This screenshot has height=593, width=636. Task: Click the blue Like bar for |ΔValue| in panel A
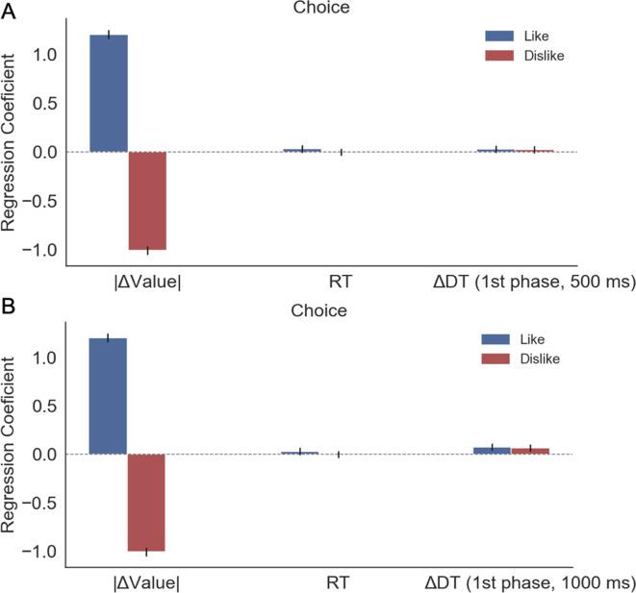point(108,93)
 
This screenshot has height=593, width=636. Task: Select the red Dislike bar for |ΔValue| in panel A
point(147,201)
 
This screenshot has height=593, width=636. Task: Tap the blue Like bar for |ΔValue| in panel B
point(108,396)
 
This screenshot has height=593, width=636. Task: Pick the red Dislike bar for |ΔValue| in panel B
point(147,503)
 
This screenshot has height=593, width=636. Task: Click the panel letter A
point(9,9)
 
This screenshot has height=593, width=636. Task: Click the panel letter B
point(9,309)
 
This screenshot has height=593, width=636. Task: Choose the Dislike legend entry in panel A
point(529,56)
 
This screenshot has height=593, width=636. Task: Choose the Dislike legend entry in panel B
point(529,358)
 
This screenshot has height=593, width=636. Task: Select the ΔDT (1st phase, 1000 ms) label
point(529,582)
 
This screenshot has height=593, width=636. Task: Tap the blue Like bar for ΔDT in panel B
point(492,451)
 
